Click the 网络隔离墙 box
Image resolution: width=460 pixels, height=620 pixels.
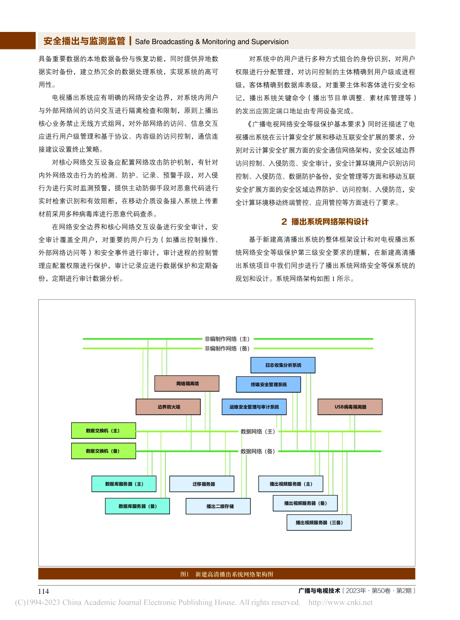pyautogui.click(x=186, y=384)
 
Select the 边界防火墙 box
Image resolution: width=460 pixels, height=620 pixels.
pyautogui.click(x=168, y=407)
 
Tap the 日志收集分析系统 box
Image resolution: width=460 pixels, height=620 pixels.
pyautogui.click(x=283, y=365)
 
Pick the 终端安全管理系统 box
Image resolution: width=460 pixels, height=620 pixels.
pyautogui.click(x=268, y=385)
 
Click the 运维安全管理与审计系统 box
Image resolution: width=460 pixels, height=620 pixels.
pyautogui.click(x=254, y=407)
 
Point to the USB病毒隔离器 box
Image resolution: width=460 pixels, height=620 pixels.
pyautogui.click(x=350, y=407)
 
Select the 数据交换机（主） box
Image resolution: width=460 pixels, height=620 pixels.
pyautogui.click(x=103, y=430)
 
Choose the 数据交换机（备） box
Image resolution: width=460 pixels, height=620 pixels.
pyautogui.click(x=103, y=450)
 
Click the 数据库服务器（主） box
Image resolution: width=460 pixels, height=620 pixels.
pyautogui.click(x=124, y=484)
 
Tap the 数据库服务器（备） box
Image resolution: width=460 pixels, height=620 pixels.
pyautogui.click(x=138, y=506)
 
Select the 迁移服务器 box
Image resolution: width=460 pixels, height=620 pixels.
pyautogui.click(x=201, y=484)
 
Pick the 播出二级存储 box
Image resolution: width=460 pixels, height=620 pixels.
pyautogui.click(x=218, y=506)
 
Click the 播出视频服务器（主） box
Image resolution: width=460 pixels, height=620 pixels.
pyautogui.click(x=291, y=484)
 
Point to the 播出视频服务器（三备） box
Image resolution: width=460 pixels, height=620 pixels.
pyautogui.click(x=319, y=523)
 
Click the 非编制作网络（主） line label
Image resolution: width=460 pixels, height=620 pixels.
pyautogui.click(x=227, y=339)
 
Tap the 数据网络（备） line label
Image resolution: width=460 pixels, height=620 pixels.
pyautogui.click(x=258, y=451)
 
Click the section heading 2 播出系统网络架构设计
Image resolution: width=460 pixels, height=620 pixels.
pyautogui.click(x=325, y=222)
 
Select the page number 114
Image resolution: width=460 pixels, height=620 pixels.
pyautogui.click(x=44, y=591)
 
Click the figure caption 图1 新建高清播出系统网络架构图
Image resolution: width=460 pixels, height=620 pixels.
pyautogui.click(x=227, y=574)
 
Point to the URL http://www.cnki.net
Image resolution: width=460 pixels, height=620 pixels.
pyautogui.click(x=340, y=603)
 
